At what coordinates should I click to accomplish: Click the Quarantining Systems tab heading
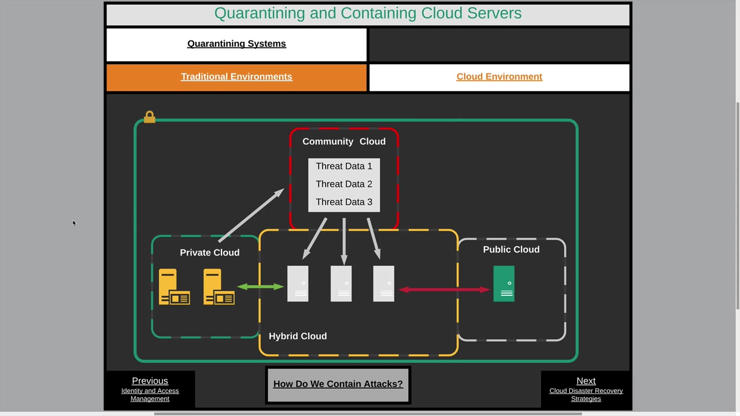click(x=236, y=44)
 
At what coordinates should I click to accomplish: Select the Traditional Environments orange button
click(x=236, y=77)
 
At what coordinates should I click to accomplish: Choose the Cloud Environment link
click(x=499, y=77)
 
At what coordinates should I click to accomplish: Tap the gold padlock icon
click(x=150, y=117)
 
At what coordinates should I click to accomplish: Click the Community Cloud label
click(x=343, y=142)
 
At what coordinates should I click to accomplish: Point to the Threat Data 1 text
click(x=343, y=166)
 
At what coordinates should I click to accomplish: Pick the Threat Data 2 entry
click(x=343, y=184)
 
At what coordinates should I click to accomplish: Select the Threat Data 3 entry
click(x=343, y=202)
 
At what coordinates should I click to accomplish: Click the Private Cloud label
click(x=209, y=252)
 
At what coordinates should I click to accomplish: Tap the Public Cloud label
click(x=511, y=250)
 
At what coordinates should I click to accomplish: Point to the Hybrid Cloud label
click(x=298, y=336)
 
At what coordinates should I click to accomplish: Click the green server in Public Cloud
click(x=504, y=284)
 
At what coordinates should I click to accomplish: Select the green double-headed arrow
click(x=260, y=287)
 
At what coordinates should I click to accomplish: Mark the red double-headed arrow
click(x=444, y=289)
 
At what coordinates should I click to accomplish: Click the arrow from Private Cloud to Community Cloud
click(x=251, y=215)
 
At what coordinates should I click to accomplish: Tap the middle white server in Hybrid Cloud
click(x=341, y=284)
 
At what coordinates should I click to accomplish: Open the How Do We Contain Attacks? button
click(x=338, y=384)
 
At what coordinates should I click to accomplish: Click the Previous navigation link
click(x=150, y=381)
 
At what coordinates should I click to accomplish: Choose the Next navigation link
click(x=586, y=381)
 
